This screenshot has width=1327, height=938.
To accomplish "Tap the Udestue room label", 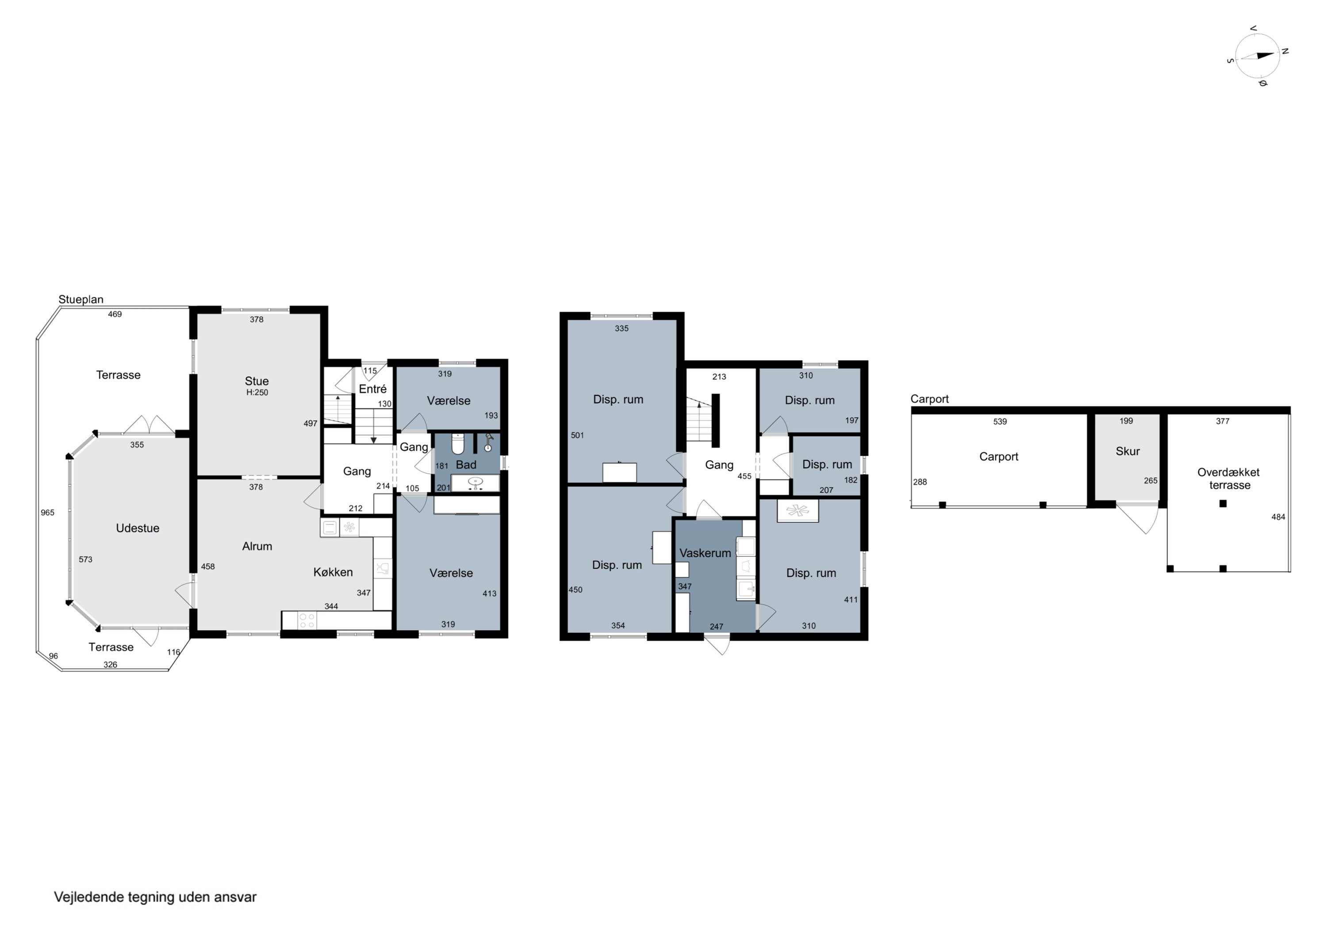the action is (138, 528).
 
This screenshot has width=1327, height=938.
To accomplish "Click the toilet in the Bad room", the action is (458, 444).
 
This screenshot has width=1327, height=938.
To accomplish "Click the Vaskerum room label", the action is (705, 553).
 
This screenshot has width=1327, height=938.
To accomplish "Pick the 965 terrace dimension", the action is (47, 513).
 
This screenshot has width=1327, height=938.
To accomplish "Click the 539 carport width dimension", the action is (1000, 422).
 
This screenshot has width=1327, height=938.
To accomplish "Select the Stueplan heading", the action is (81, 299).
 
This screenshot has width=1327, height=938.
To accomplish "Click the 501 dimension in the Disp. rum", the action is (577, 435).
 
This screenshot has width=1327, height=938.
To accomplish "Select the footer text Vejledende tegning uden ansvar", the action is (155, 897).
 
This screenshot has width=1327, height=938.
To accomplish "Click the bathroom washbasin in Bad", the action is (475, 482).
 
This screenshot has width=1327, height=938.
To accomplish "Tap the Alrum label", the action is (257, 546).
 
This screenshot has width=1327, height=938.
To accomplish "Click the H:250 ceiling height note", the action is (257, 392).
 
